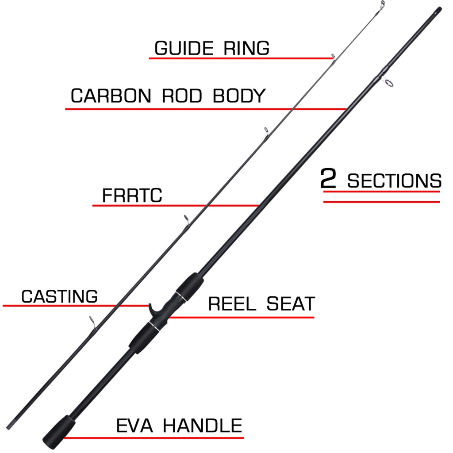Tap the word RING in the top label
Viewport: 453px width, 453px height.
246,48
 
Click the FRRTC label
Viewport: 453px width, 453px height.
132,196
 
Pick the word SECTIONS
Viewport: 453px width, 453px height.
394,181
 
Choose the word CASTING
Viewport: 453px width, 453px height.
59,296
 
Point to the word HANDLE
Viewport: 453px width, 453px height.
203,426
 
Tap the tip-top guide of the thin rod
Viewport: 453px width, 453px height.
381,4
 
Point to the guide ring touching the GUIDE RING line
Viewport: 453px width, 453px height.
332,56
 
